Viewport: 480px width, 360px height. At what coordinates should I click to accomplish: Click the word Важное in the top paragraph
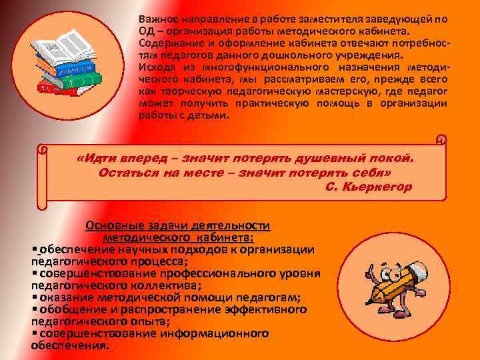(158, 20)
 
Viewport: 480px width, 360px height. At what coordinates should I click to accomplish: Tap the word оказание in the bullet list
(66, 297)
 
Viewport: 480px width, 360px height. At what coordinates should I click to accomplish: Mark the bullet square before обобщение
(34, 309)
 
